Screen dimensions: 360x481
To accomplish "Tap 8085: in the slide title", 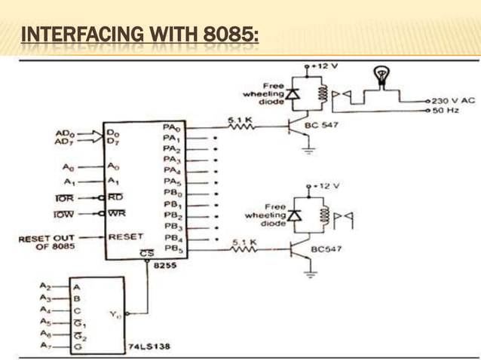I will pos(230,35).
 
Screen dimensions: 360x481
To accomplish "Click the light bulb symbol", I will pos(381,75).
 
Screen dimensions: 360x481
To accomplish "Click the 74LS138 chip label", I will pos(149,346).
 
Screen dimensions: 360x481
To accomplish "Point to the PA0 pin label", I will pos(170,129).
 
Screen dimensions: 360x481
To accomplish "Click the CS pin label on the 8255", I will pos(148,255).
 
